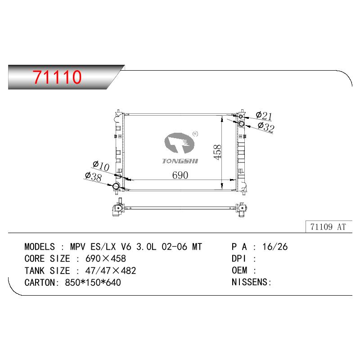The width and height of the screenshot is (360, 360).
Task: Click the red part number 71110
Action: point(57,76)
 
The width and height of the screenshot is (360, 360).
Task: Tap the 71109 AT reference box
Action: point(328,227)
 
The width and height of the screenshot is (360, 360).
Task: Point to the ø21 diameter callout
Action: point(264,116)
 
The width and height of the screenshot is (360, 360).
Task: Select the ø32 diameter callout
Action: point(266,127)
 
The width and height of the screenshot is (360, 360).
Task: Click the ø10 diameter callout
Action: point(101,166)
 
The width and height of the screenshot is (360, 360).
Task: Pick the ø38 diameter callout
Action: point(93,177)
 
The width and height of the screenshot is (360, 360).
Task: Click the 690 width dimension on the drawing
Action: point(180,175)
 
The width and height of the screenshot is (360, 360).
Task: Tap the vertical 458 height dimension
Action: point(217,152)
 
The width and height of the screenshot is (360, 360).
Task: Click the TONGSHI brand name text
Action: point(180,161)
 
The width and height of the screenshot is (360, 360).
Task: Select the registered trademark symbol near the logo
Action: point(195,134)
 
